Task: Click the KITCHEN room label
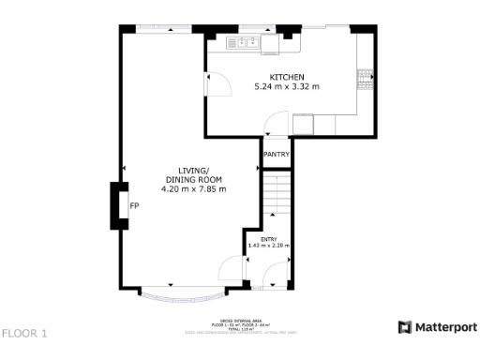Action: click(x=287, y=77)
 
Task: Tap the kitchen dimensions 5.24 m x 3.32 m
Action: click(x=287, y=87)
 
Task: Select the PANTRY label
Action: click(x=276, y=155)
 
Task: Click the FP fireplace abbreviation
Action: click(x=135, y=205)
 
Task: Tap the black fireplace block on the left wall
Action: click(x=119, y=205)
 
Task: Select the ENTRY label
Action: click(x=268, y=239)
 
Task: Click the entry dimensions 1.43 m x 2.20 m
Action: click(x=268, y=247)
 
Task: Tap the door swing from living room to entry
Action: click(x=233, y=273)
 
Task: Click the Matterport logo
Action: click(x=437, y=327)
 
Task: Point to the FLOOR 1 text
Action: click(x=23, y=333)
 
